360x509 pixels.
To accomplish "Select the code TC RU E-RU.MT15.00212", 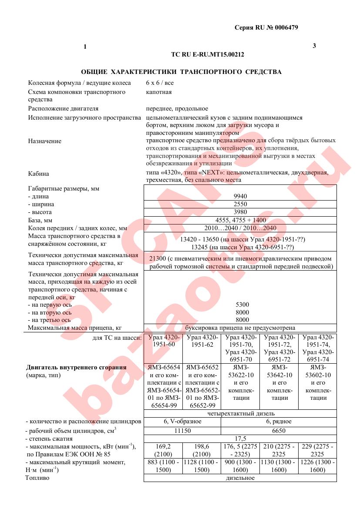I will click(208, 55).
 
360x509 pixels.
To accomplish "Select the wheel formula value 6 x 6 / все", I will click(160, 83).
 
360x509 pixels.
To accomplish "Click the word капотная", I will click(158, 92).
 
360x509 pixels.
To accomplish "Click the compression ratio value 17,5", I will click(240, 439).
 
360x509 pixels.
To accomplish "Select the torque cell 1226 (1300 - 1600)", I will click(317, 466).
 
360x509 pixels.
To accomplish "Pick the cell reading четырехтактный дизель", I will click(241, 413).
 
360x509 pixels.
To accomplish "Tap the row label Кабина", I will click(38, 174).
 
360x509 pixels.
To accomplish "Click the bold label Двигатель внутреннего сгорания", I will click(76, 367).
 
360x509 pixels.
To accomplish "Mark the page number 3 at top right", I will click(314, 46).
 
